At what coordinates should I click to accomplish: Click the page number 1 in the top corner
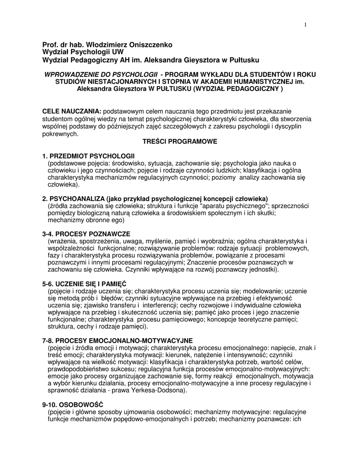pos(305,24)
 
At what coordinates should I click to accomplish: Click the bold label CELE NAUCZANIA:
pos(72,111)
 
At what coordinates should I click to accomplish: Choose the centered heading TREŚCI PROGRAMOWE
pos(180,142)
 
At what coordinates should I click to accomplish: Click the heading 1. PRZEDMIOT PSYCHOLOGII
pos(88,156)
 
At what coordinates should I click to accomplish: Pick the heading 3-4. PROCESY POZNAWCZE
pos(86,234)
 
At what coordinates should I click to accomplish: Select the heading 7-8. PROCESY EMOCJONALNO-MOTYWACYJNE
pos(117,340)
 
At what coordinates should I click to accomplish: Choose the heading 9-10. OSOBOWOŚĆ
pos(73,405)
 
